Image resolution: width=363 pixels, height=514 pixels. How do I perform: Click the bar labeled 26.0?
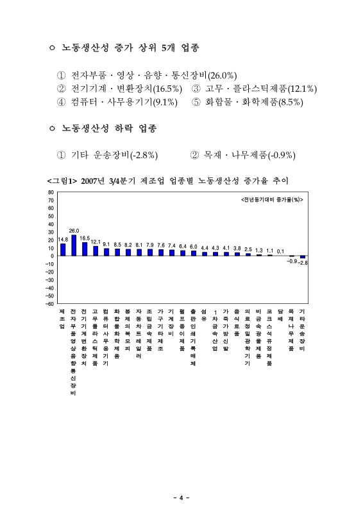tap(74, 245)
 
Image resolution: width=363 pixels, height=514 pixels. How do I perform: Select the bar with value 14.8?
tap(63, 250)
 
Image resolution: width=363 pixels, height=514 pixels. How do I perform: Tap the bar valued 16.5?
tap(85, 249)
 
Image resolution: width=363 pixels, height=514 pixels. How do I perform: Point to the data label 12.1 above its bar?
tap(96, 242)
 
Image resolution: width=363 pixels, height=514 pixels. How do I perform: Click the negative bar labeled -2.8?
tap(303, 257)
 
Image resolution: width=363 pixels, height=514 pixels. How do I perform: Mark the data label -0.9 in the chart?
tap(292, 261)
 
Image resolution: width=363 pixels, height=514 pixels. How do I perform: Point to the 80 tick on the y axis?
tap(51, 192)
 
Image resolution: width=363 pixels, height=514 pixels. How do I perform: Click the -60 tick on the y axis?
tap(49, 303)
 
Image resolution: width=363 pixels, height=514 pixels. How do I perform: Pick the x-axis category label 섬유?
tap(204, 314)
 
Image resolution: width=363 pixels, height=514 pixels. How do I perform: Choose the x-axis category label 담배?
tap(281, 314)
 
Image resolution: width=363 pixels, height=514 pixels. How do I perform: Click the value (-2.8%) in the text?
tap(144, 155)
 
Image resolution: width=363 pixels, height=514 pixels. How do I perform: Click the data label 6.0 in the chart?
tap(193, 247)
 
